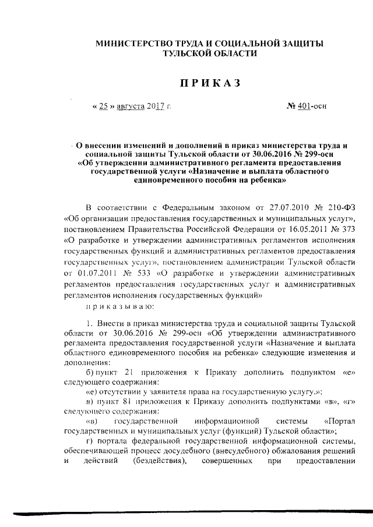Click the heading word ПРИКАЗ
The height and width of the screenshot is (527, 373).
point(210,84)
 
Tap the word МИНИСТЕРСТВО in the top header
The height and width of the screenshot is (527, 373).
point(132,44)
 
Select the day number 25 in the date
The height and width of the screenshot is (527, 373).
point(103,107)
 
